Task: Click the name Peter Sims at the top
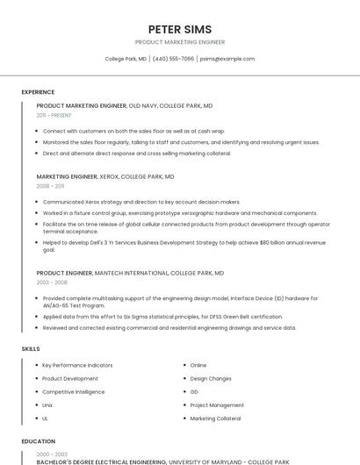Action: point(180,29)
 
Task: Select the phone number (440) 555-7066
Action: point(174,59)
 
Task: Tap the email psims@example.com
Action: point(227,59)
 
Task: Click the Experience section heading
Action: point(38,92)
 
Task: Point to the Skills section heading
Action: point(31,349)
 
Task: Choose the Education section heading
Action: point(37,441)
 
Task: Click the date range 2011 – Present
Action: point(54,115)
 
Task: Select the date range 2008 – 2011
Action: point(50,186)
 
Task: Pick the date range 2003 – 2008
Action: point(52,283)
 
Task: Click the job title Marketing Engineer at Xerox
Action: point(67,176)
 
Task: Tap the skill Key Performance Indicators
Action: point(77,365)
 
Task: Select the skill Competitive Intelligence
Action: point(73,392)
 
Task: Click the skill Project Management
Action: point(217,405)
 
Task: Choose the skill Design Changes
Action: point(211,378)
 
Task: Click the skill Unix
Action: point(48,405)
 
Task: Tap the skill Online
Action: point(198,365)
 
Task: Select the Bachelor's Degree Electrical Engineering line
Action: point(102,461)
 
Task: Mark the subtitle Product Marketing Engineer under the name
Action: point(180,42)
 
